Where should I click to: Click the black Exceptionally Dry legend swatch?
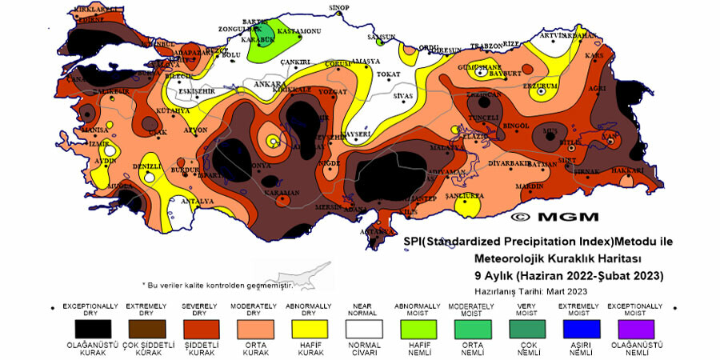coord(90,328)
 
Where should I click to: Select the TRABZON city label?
coord(486,46)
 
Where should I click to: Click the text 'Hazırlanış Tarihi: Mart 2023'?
coord(530,290)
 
